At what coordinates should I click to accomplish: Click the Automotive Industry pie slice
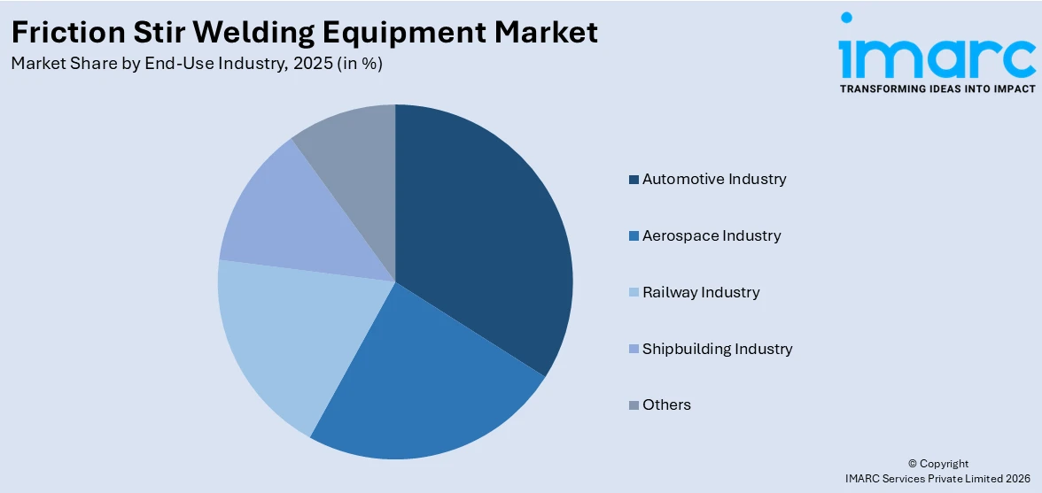483,239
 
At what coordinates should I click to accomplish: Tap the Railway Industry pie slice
284,336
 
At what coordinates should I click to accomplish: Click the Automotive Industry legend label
714,180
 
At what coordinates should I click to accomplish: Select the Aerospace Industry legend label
712,236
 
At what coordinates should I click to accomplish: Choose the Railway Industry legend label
701,292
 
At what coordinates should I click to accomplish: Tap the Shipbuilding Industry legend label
717,349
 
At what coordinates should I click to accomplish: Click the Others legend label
666,404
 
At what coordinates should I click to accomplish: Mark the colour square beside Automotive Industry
634,181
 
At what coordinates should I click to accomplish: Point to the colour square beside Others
634,405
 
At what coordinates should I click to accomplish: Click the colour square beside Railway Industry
634,293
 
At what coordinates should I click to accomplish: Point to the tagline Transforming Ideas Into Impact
937,89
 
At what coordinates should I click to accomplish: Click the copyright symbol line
938,464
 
